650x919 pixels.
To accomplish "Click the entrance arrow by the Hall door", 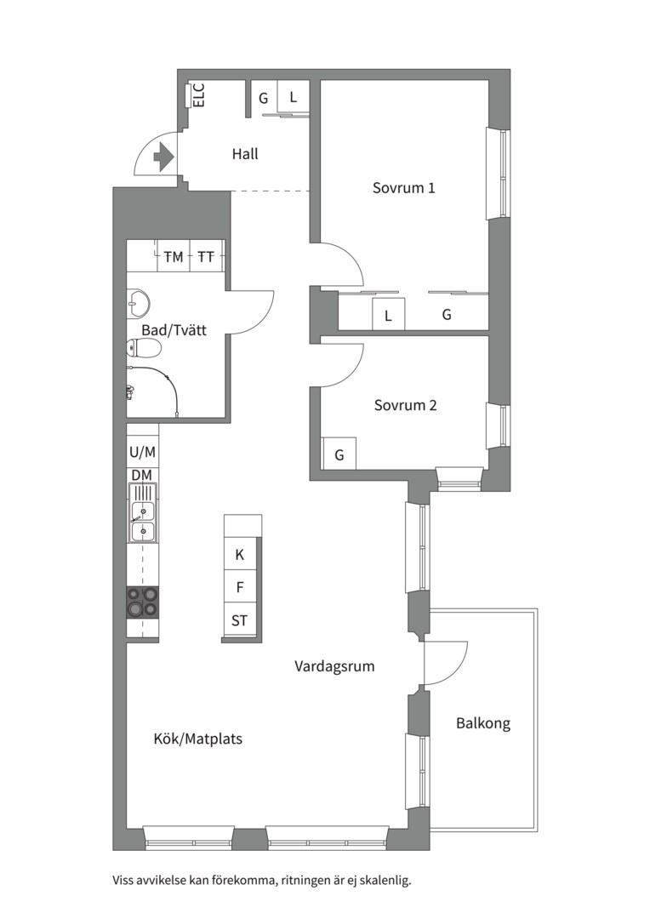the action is point(163,157).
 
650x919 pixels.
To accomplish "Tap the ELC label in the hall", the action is point(199,95).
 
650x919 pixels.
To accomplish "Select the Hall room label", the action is point(245,154).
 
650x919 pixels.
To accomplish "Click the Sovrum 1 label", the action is point(404,188).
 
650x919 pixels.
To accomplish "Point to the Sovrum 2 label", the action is point(406,405).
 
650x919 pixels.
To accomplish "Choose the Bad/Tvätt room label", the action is point(174,330).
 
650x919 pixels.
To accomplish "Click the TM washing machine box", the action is point(174,256).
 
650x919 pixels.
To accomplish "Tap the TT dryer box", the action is point(206,256).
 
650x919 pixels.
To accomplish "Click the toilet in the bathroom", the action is point(144,350).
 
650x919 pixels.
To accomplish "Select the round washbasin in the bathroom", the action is point(139,302).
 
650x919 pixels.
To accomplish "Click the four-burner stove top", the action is point(143,602).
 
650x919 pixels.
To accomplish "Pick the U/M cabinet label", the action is point(142,452).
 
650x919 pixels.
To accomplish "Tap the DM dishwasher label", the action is point(142,476).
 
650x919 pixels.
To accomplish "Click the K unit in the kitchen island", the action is point(240,555).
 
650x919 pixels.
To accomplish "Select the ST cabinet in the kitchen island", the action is point(240,620).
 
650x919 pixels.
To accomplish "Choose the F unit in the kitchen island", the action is point(240,587).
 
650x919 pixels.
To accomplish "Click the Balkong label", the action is point(483,723).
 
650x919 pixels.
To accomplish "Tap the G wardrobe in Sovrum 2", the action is point(339,454).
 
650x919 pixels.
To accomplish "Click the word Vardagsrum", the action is point(334,666).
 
